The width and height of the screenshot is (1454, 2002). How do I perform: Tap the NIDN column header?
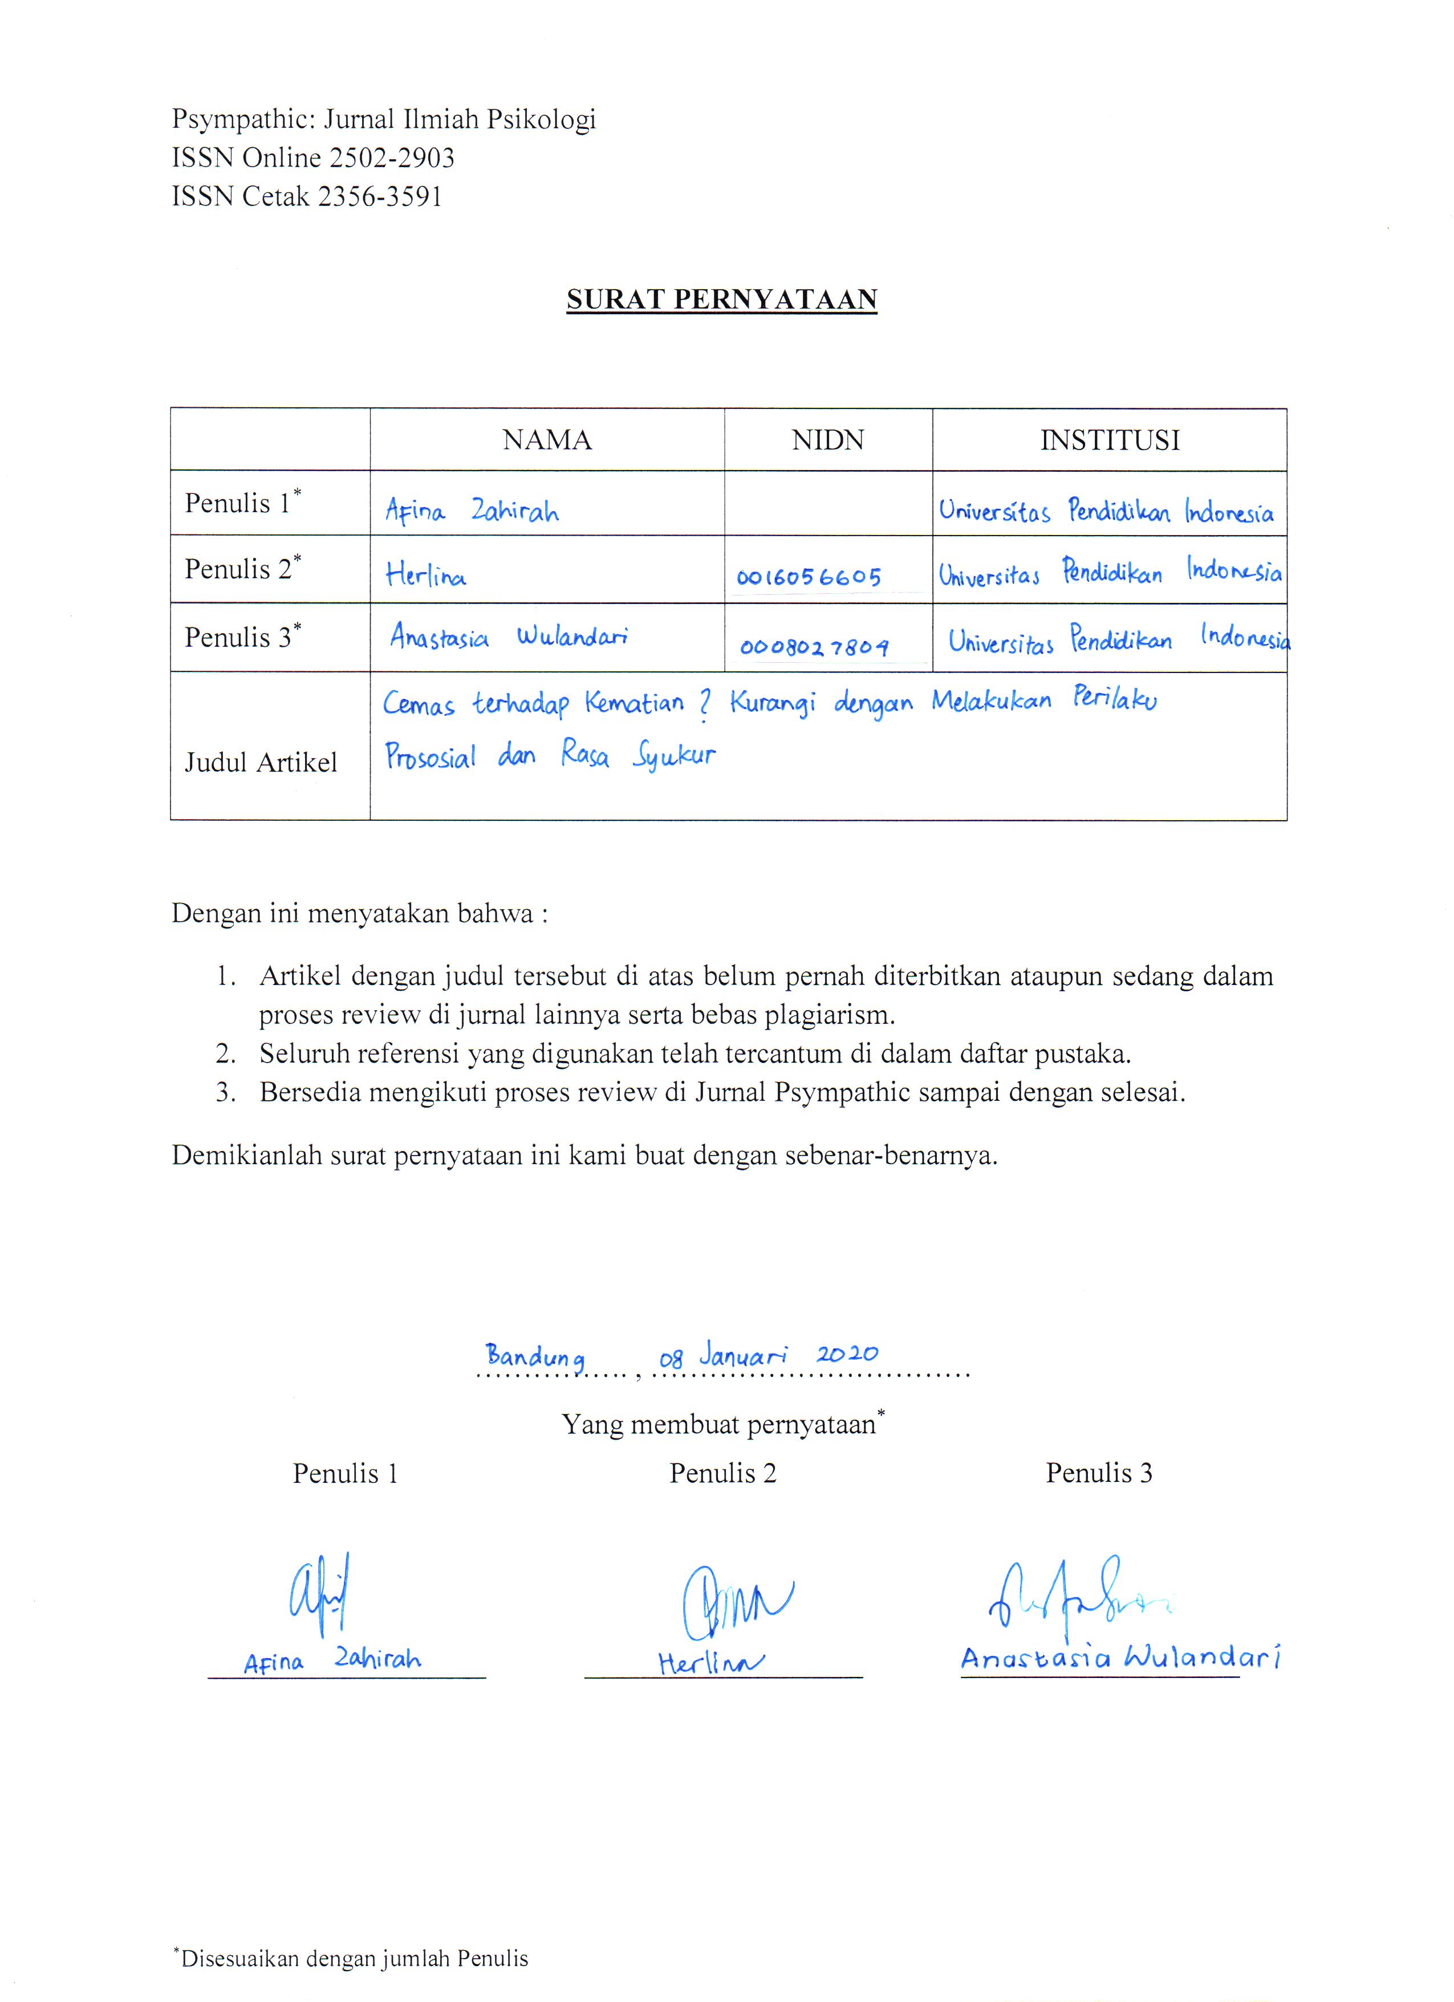pyautogui.click(x=827, y=440)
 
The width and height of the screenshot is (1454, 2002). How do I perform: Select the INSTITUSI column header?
pyautogui.click(x=1109, y=440)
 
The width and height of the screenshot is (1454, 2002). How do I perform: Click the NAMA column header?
pyautogui.click(x=547, y=440)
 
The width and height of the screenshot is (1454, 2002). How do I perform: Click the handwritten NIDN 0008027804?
pyautogui.click(x=814, y=647)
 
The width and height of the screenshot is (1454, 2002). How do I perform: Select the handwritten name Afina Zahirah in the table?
pyautogui.click(x=471, y=510)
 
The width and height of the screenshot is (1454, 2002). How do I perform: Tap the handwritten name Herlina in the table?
pyautogui.click(x=425, y=576)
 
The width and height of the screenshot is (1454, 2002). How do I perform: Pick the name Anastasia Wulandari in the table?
pyautogui.click(x=508, y=637)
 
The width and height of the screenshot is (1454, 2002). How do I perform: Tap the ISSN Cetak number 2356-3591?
pyautogui.click(x=379, y=196)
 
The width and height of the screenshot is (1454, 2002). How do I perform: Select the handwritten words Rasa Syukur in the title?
pyautogui.click(x=637, y=756)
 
